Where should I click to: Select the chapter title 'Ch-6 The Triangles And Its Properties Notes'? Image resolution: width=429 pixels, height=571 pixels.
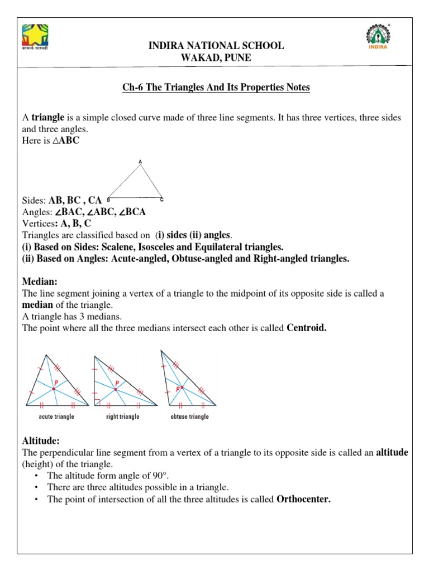pos(216,88)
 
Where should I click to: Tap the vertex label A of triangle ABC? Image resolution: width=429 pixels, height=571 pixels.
pos(140,162)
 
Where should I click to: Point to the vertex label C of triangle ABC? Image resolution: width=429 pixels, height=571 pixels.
pos(161,199)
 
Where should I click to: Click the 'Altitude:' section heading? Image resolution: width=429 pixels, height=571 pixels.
pos(41,441)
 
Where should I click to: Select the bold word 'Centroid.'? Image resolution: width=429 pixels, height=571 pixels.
pos(306,328)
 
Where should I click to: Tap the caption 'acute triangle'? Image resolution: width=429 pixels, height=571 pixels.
pos(56,417)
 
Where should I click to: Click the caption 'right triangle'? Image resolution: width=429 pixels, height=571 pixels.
pos(122,417)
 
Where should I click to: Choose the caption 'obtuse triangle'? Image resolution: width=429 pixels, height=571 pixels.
pos(189,417)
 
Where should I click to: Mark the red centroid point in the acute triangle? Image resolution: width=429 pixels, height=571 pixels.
pos(54,388)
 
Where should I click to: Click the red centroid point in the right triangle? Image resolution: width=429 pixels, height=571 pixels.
pos(116,389)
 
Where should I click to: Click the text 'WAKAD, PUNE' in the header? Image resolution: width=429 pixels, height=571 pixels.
pos(216,57)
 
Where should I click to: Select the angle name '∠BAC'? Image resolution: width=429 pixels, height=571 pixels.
pos(65,212)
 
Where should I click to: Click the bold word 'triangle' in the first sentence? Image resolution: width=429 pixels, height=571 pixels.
pos(47,118)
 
